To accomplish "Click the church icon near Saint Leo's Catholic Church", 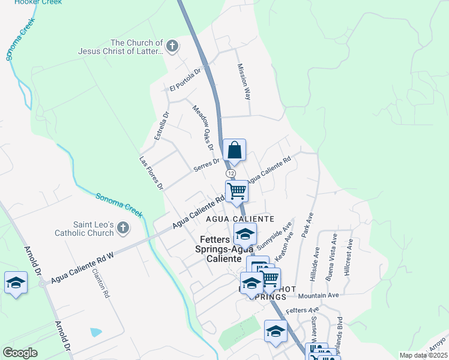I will tap(123, 227).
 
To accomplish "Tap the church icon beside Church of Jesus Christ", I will tap(172, 46).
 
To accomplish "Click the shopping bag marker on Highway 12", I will tap(234, 150).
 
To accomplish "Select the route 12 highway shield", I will tap(231, 173).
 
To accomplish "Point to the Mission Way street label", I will tap(244, 82).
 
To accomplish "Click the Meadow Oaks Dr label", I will tap(203, 128).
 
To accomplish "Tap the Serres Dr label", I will tap(206, 166).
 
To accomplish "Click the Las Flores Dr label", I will tap(151, 173).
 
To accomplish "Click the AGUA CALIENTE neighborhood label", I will tap(240, 220).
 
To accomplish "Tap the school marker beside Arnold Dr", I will tap(16, 283).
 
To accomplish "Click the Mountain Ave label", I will tap(318, 295).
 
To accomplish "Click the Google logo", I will tap(20, 353).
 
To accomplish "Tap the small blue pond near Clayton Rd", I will tap(95, 332).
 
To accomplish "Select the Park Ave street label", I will tap(309, 225).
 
